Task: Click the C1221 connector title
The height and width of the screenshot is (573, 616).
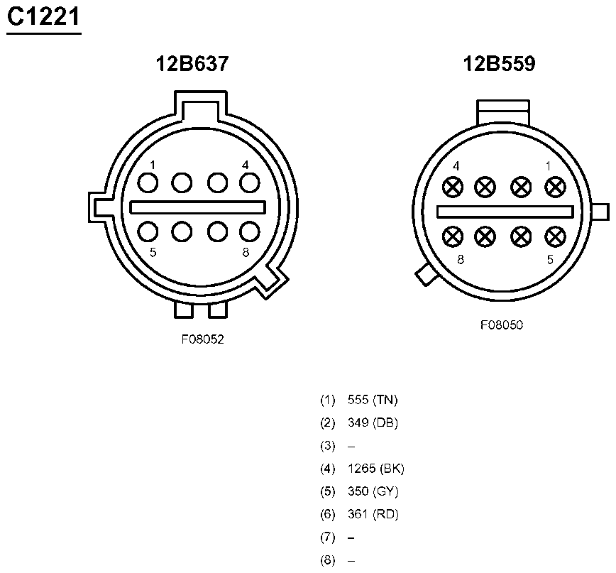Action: click(x=43, y=17)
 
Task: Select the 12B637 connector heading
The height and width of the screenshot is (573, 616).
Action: click(x=192, y=64)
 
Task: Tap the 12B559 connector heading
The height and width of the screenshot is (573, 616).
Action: click(x=499, y=64)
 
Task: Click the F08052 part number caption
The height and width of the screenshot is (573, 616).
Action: click(x=203, y=339)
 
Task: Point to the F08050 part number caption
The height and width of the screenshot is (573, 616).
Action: click(x=502, y=325)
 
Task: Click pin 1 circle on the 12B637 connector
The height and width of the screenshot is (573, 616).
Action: click(x=148, y=183)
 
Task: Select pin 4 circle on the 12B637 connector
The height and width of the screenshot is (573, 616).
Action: click(x=250, y=183)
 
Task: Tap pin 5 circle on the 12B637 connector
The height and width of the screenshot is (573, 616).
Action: click(x=148, y=231)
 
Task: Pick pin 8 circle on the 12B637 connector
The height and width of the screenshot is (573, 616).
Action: click(x=250, y=231)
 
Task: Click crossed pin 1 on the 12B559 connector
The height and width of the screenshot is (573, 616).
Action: click(x=556, y=187)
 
